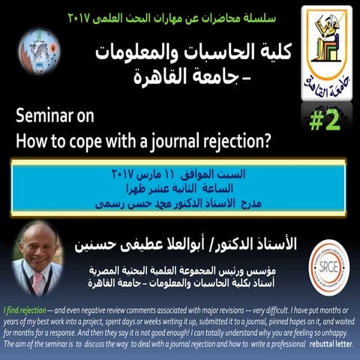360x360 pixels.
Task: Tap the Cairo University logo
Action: (326, 46)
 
